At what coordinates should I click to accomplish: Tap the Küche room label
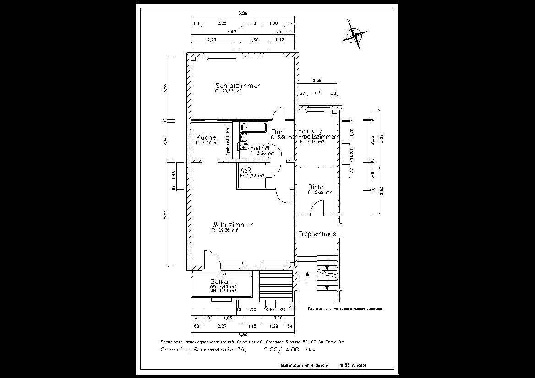206,137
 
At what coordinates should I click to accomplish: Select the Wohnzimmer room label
232,225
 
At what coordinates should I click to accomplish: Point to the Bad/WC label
261,148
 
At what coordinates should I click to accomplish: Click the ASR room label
246,170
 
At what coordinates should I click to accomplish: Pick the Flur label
277,132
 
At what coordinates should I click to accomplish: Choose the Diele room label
316,187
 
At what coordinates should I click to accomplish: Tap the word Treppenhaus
317,234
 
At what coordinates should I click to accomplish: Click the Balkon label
221,281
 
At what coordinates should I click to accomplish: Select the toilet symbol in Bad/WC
244,147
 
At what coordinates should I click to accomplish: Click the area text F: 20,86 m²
228,91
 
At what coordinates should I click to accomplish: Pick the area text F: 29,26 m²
224,231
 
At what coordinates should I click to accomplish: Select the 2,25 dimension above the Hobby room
317,81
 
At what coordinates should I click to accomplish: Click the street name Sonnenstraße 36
216,350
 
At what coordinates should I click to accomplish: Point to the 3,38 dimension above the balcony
222,274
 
